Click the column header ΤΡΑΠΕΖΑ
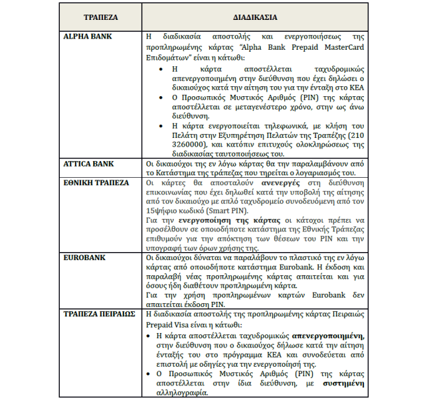tap(100, 16)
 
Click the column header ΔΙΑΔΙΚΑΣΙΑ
tap(255, 16)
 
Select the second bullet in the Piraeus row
tap(150, 373)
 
